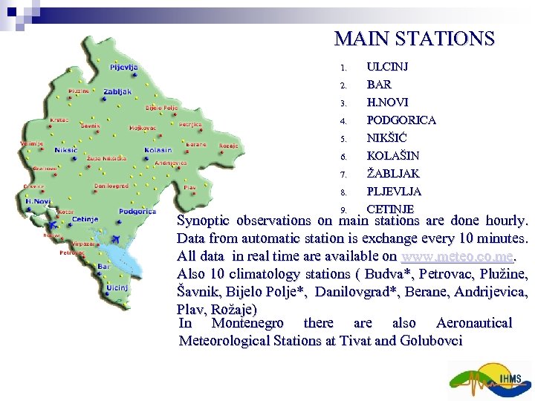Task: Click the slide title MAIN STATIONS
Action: [x=414, y=38]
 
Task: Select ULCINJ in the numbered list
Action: [x=387, y=67]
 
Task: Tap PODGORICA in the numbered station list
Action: [x=401, y=120]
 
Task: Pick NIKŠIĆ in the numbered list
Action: [x=387, y=138]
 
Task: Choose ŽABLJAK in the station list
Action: [x=393, y=174]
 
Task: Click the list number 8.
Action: [x=343, y=192]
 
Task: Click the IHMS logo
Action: [x=490, y=380]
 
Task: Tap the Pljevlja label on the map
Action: [x=123, y=68]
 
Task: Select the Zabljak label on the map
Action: [x=117, y=92]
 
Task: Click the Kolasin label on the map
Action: [x=158, y=150]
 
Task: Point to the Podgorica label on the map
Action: [x=137, y=212]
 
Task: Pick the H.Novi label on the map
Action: [x=37, y=200]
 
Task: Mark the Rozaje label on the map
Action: [x=229, y=146]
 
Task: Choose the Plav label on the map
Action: [x=189, y=187]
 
